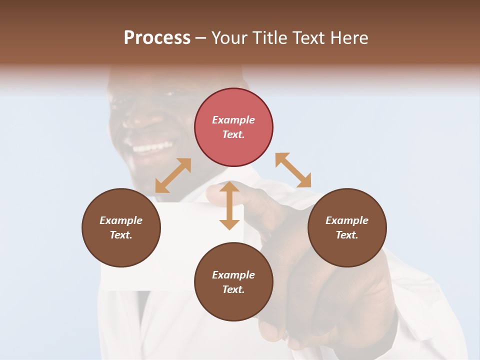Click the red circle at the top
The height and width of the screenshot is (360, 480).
coord(233,127)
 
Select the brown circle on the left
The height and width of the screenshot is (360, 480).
coord(121,227)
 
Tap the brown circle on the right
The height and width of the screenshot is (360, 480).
coord(346,227)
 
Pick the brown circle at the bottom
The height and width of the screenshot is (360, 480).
coord(233,282)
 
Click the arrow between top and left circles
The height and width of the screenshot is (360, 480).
coord(173,175)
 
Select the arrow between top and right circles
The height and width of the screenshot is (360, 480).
coord(293,170)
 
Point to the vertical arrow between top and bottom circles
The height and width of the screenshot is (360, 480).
coord(229,205)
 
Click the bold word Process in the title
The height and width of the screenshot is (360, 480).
coord(157,37)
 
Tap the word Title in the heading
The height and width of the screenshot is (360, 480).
coord(269,37)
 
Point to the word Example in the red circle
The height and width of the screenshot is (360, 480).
coord(233,120)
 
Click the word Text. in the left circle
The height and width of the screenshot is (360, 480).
coord(121,235)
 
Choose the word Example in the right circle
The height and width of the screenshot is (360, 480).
coord(346,220)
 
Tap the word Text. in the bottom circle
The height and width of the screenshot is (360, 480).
coord(233,289)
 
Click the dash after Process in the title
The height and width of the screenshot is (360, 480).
coord(201,37)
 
